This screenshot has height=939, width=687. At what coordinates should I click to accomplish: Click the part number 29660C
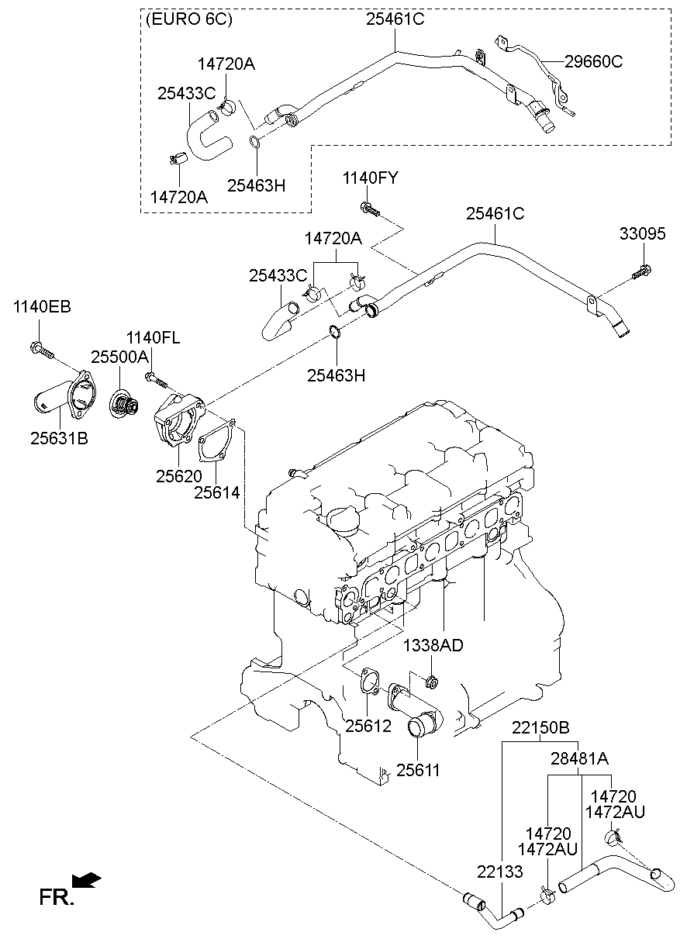tap(593, 61)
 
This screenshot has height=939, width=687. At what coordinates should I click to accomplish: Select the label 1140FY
tap(370, 179)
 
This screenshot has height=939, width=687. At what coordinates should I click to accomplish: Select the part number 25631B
tap(60, 439)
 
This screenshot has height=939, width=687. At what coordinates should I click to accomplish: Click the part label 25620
tap(178, 476)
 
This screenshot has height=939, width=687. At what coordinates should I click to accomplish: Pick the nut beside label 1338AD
tap(432, 682)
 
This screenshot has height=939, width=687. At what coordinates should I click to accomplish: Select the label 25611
tap(418, 770)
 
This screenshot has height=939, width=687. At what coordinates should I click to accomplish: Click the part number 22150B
tap(540, 728)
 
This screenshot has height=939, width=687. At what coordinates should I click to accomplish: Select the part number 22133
tap(501, 872)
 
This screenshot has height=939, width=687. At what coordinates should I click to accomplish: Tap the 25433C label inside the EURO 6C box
tap(186, 92)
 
